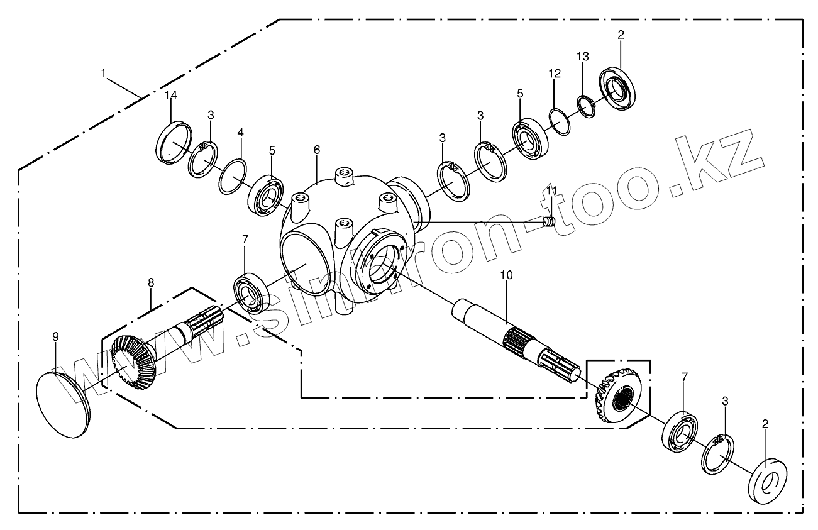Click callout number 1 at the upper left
click(103, 72)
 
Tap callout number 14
click(171, 96)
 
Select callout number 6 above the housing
click(316, 150)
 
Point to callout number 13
click(583, 57)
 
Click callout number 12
click(554, 74)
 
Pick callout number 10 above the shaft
click(507, 275)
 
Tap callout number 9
click(55, 337)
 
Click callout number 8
click(151, 283)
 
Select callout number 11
click(551, 190)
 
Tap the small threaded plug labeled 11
click(549, 222)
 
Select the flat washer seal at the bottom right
click(767, 481)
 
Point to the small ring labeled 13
click(586, 105)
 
